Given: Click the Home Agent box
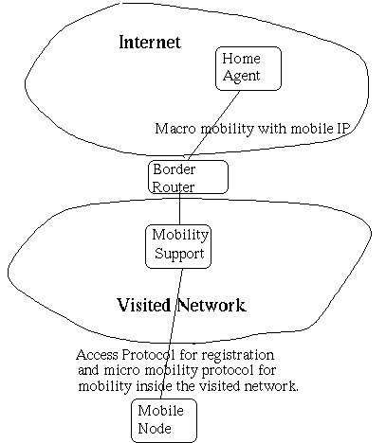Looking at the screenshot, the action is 248,68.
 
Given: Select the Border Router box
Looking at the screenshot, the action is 188,177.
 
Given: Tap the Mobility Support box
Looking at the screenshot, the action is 178,246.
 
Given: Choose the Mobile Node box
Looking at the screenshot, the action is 164,420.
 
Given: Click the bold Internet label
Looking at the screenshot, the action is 150,42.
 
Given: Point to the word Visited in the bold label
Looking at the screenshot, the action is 144,305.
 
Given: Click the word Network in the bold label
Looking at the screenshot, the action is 211,305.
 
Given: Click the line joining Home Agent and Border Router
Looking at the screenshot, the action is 213,126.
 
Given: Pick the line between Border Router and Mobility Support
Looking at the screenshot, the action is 180,209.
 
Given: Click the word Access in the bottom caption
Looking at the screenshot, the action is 97,355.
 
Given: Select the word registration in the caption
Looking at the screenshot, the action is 238,356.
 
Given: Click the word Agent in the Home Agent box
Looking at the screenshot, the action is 241,77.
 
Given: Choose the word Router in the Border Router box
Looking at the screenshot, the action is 174,186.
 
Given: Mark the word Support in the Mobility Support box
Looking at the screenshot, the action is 179,255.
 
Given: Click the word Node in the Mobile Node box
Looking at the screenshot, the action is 155,429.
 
